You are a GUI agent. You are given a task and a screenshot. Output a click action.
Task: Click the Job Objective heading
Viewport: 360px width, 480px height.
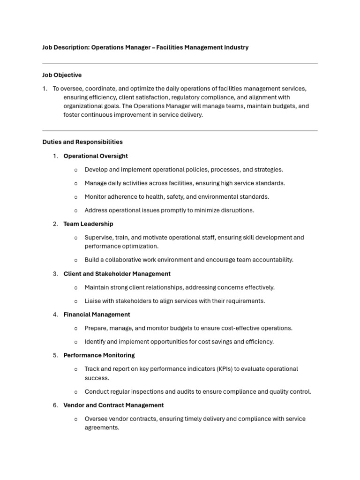click(x=62, y=75)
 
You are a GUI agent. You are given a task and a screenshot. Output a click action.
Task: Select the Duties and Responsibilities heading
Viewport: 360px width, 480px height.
click(x=82, y=142)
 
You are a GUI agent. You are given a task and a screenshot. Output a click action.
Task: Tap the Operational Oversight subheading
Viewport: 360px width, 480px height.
click(x=96, y=156)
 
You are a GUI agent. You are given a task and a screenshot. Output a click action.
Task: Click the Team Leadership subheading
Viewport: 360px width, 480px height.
click(x=88, y=224)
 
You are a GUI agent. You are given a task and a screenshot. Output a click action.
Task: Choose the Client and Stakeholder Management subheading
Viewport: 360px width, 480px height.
click(x=117, y=274)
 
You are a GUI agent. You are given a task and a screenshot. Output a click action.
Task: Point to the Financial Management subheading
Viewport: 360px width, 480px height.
click(x=97, y=315)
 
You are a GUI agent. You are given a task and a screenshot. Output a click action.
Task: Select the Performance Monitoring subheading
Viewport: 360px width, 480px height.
click(x=99, y=355)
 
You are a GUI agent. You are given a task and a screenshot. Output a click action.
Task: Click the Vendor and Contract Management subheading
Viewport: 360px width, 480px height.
click(x=113, y=405)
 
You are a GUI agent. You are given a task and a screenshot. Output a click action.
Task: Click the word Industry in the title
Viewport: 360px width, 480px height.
click(x=235, y=47)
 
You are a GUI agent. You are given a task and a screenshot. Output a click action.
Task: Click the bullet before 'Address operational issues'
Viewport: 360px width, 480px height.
click(x=76, y=210)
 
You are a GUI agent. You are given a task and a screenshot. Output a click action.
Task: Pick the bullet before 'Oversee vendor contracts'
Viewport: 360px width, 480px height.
click(x=76, y=419)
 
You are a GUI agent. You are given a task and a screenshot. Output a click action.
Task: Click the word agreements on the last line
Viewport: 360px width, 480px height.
click(x=102, y=428)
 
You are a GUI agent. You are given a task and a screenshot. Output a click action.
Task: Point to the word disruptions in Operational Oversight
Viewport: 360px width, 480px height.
click(x=238, y=210)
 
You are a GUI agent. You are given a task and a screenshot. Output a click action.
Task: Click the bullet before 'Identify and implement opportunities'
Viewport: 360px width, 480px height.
click(x=76, y=342)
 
